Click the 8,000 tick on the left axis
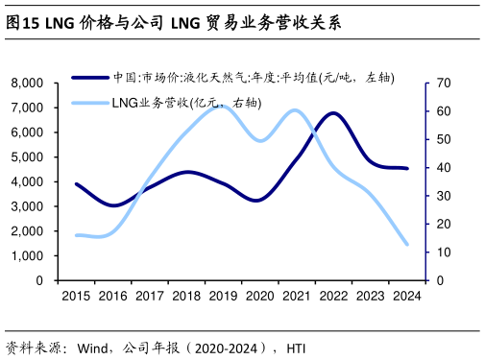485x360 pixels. (26, 84)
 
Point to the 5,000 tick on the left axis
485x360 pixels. (26, 157)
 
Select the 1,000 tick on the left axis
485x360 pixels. (26, 256)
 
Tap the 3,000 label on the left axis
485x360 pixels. (26, 206)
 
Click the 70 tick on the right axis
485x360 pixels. (443, 84)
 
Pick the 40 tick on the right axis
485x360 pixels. (443, 168)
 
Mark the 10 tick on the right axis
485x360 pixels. (443, 252)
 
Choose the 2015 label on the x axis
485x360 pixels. (77, 297)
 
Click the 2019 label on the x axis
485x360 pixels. (223, 297)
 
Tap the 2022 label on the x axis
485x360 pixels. (333, 297)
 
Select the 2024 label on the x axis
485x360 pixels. (406, 297)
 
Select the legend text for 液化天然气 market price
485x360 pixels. (254, 78)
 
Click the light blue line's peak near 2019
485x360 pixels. (220, 105)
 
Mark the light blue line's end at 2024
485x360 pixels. (407, 244)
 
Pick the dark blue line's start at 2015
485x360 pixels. (77, 183)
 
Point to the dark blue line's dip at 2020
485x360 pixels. (256, 201)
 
